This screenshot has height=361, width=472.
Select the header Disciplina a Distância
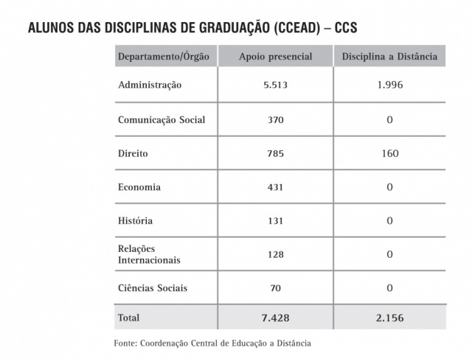(x=389, y=57)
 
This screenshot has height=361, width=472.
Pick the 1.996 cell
(x=389, y=85)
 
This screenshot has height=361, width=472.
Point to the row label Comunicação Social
(x=162, y=119)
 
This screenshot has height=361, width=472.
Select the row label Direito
(x=133, y=153)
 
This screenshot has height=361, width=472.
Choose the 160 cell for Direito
(x=389, y=153)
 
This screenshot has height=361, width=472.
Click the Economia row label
(x=139, y=187)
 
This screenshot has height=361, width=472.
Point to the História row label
(x=136, y=220)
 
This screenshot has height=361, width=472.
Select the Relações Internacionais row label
(x=149, y=254)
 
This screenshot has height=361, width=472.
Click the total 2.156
(x=389, y=318)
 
